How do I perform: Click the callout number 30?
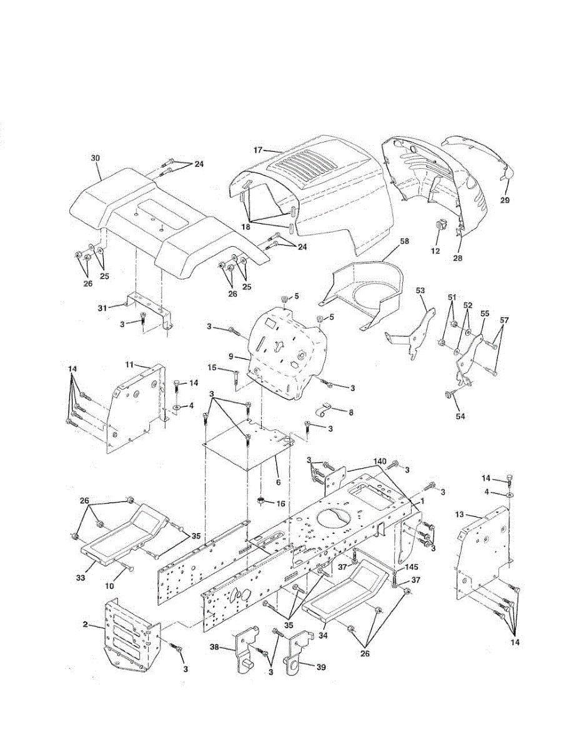(95, 159)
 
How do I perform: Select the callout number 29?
(505, 200)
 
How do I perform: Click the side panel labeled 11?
(134, 406)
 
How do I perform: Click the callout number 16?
(280, 502)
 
